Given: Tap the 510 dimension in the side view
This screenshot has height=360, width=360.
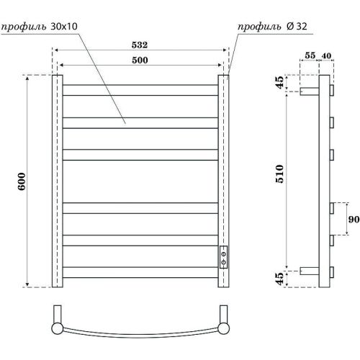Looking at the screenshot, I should (x=281, y=174).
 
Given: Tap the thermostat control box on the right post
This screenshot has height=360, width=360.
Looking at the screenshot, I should (x=224, y=256).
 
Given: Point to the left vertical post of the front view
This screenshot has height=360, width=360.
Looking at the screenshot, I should (x=55, y=180).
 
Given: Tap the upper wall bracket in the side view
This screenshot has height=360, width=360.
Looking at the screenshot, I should (x=310, y=91).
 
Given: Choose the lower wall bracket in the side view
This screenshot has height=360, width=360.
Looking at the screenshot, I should (x=310, y=271).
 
